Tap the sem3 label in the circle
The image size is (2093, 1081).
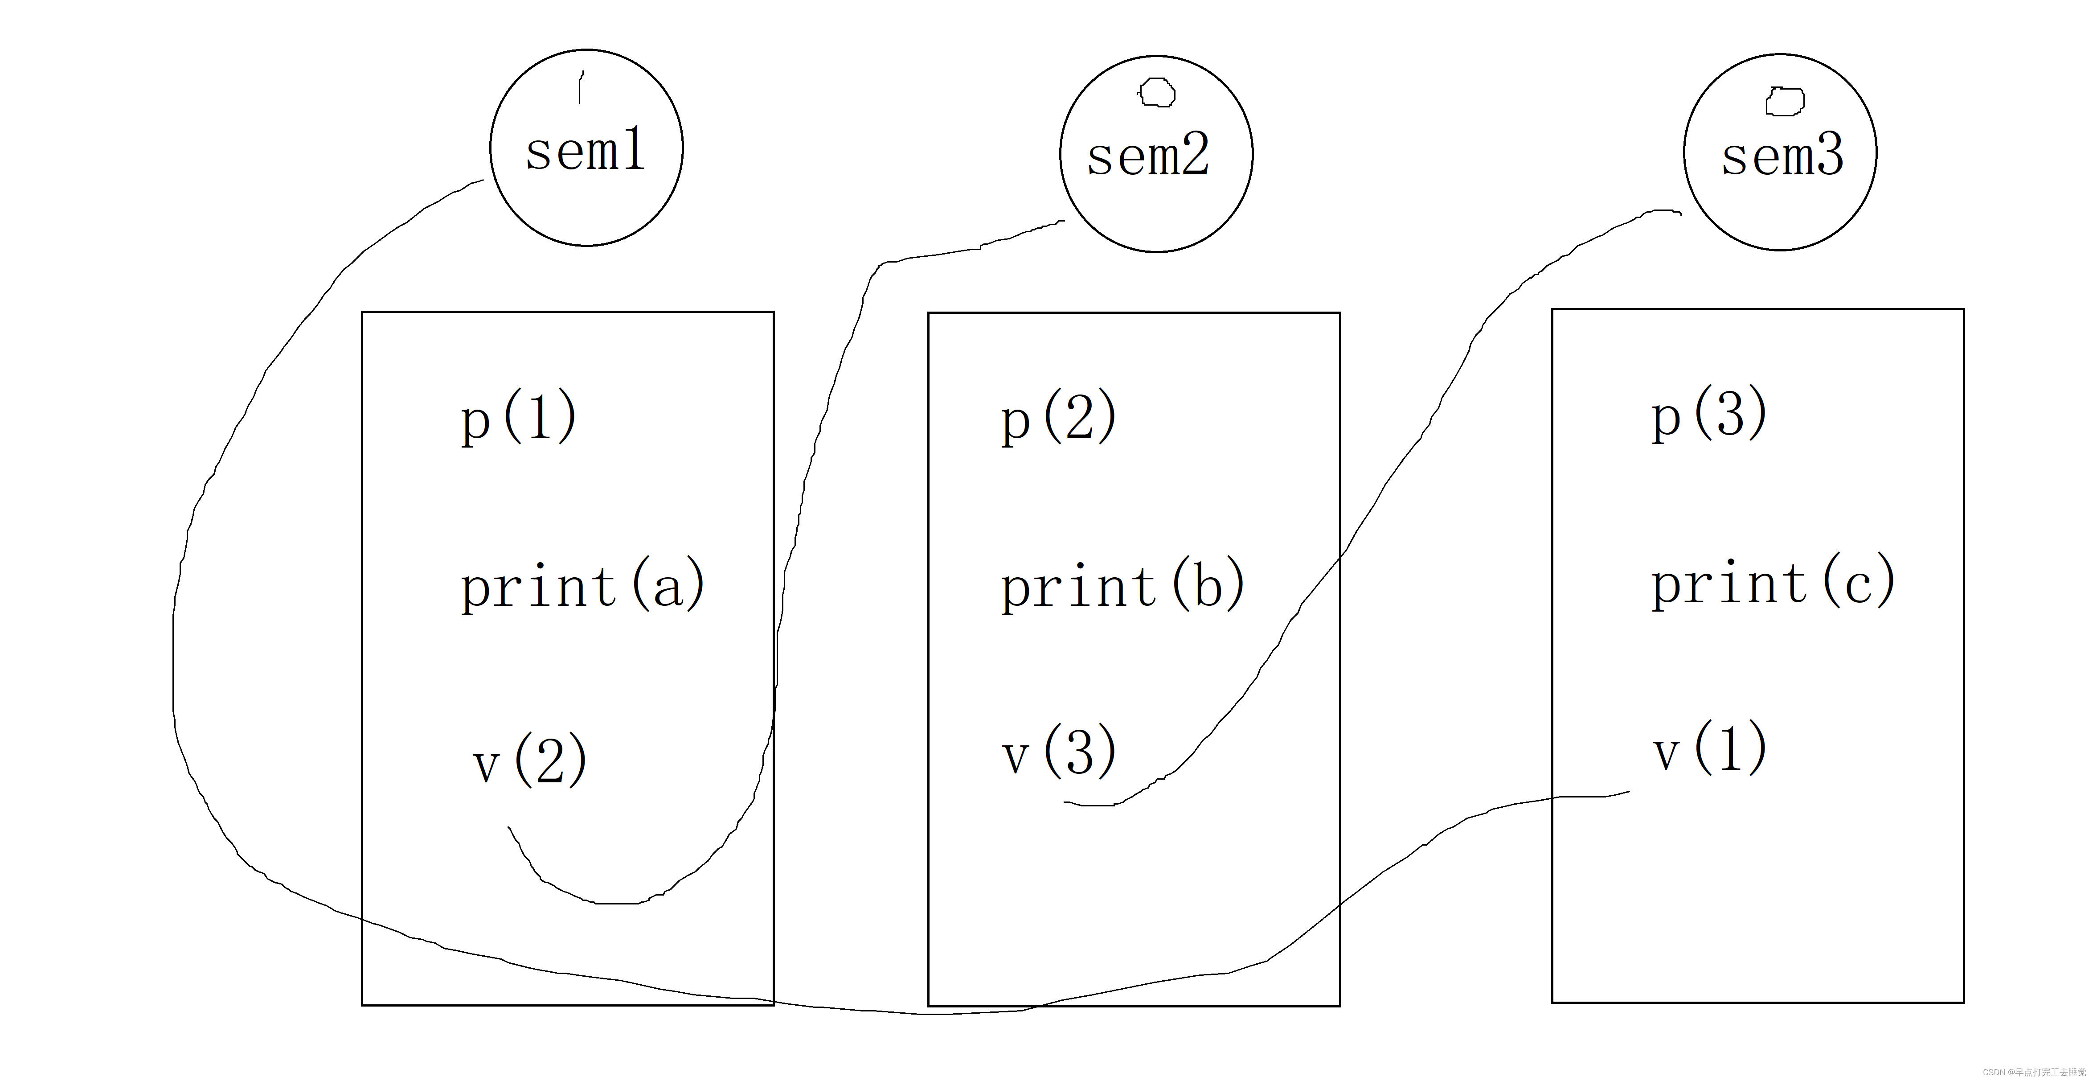[1782, 156]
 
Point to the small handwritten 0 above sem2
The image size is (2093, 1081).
[1156, 93]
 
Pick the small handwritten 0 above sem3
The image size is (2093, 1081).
[1785, 102]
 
